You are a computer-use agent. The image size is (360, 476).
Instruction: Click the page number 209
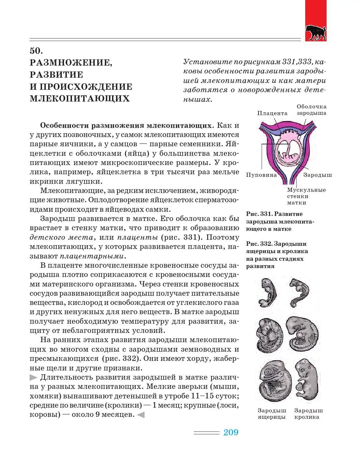231,432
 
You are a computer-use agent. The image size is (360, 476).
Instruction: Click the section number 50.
36,51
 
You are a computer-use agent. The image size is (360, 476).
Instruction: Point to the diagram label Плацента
272,113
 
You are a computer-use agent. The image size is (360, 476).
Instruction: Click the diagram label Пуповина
261,175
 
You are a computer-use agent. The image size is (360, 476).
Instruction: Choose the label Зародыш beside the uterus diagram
317,175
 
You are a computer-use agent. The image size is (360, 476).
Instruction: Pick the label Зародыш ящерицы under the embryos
272,414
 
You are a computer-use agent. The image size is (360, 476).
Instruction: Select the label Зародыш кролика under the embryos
308,414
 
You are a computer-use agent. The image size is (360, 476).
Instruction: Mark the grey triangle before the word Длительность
33,377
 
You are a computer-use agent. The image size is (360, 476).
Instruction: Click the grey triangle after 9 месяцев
141,415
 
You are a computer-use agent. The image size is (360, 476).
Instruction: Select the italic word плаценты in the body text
138,238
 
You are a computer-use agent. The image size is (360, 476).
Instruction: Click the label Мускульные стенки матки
306,196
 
